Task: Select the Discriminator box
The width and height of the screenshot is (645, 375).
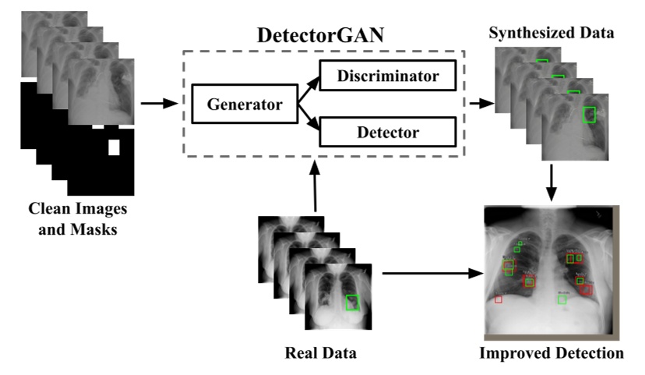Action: [x=387, y=77]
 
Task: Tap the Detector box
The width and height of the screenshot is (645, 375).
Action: [x=387, y=132]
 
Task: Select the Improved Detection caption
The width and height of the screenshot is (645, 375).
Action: [x=552, y=353]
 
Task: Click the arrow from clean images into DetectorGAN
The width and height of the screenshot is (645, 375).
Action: [x=162, y=103]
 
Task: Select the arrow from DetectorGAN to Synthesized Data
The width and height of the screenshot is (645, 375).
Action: [x=481, y=103]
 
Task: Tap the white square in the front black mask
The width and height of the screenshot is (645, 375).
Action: [x=115, y=147]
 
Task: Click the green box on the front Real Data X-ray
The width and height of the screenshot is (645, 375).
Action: [x=352, y=302]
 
